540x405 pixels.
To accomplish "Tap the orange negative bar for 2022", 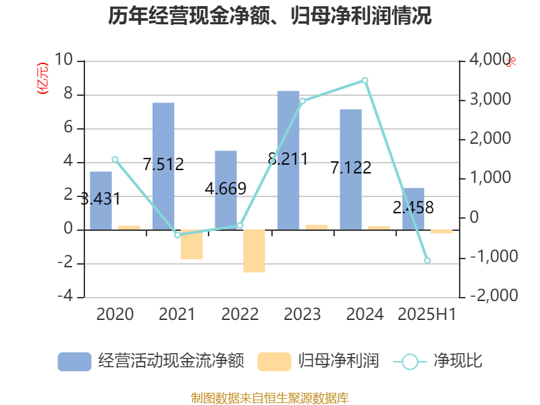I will click(x=254, y=251).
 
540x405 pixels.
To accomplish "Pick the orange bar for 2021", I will click(x=192, y=245).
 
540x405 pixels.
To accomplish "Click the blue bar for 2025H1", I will click(x=413, y=209).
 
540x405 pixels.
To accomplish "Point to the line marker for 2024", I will click(x=365, y=80).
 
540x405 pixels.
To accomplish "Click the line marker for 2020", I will click(x=115, y=160).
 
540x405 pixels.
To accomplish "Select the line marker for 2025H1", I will click(x=427, y=261).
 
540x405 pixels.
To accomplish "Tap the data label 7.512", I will click(x=163, y=163).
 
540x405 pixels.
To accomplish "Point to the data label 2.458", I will click(x=413, y=207).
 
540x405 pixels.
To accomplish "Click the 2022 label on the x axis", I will click(x=240, y=315).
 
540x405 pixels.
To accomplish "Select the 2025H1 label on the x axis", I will click(x=427, y=315).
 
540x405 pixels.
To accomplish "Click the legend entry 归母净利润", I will click(x=319, y=361).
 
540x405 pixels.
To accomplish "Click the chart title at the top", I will click(x=270, y=16).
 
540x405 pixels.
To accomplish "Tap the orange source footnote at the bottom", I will click(x=270, y=398).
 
